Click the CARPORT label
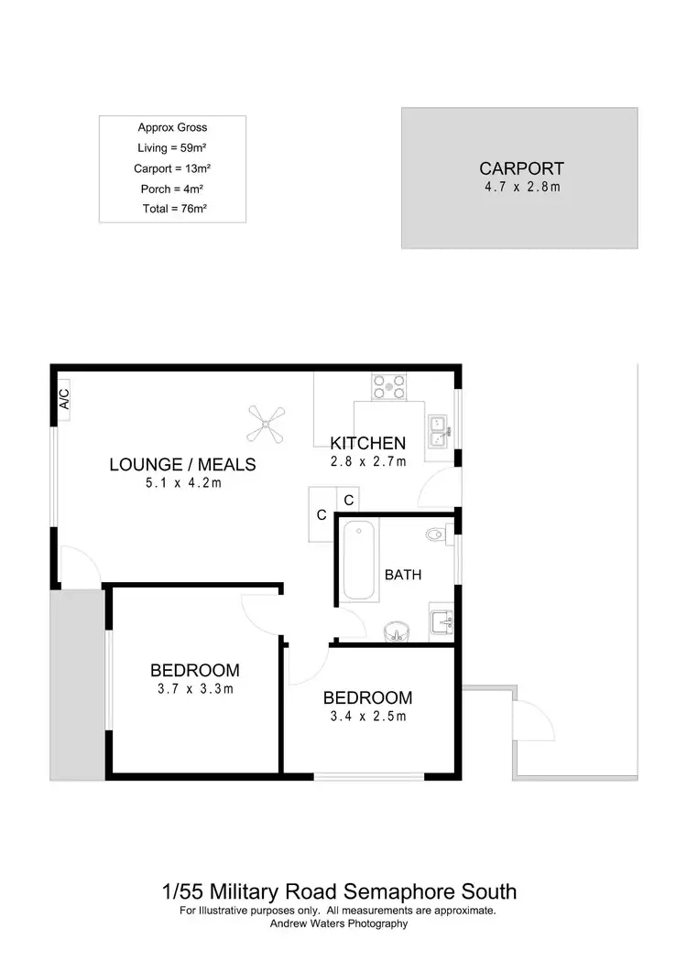point(521,168)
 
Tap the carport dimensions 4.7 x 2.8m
point(521,187)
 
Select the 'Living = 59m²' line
point(172,147)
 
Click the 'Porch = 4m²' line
point(172,189)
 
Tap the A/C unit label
point(63,399)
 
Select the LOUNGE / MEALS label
point(182,465)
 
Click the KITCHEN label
point(367,444)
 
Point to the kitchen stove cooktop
point(388,385)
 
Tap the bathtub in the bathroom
point(357,560)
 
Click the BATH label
point(402,576)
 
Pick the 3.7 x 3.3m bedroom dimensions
point(195,689)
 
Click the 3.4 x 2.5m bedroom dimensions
point(367,717)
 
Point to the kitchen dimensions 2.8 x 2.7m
point(367,461)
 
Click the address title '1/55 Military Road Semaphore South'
point(339,890)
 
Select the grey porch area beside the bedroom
point(78,684)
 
